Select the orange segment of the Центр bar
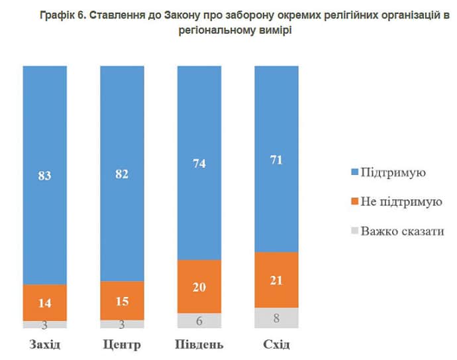[122, 300]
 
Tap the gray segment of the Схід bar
[276, 318]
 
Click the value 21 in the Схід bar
[276, 280]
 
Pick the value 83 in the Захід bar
[44, 176]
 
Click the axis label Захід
[44, 345]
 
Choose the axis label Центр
[123, 345]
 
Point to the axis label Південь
[199, 345]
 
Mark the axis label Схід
[276, 345]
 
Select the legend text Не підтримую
[401, 202]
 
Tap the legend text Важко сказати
[402, 231]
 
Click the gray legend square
[355, 231]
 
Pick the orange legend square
[355, 202]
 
